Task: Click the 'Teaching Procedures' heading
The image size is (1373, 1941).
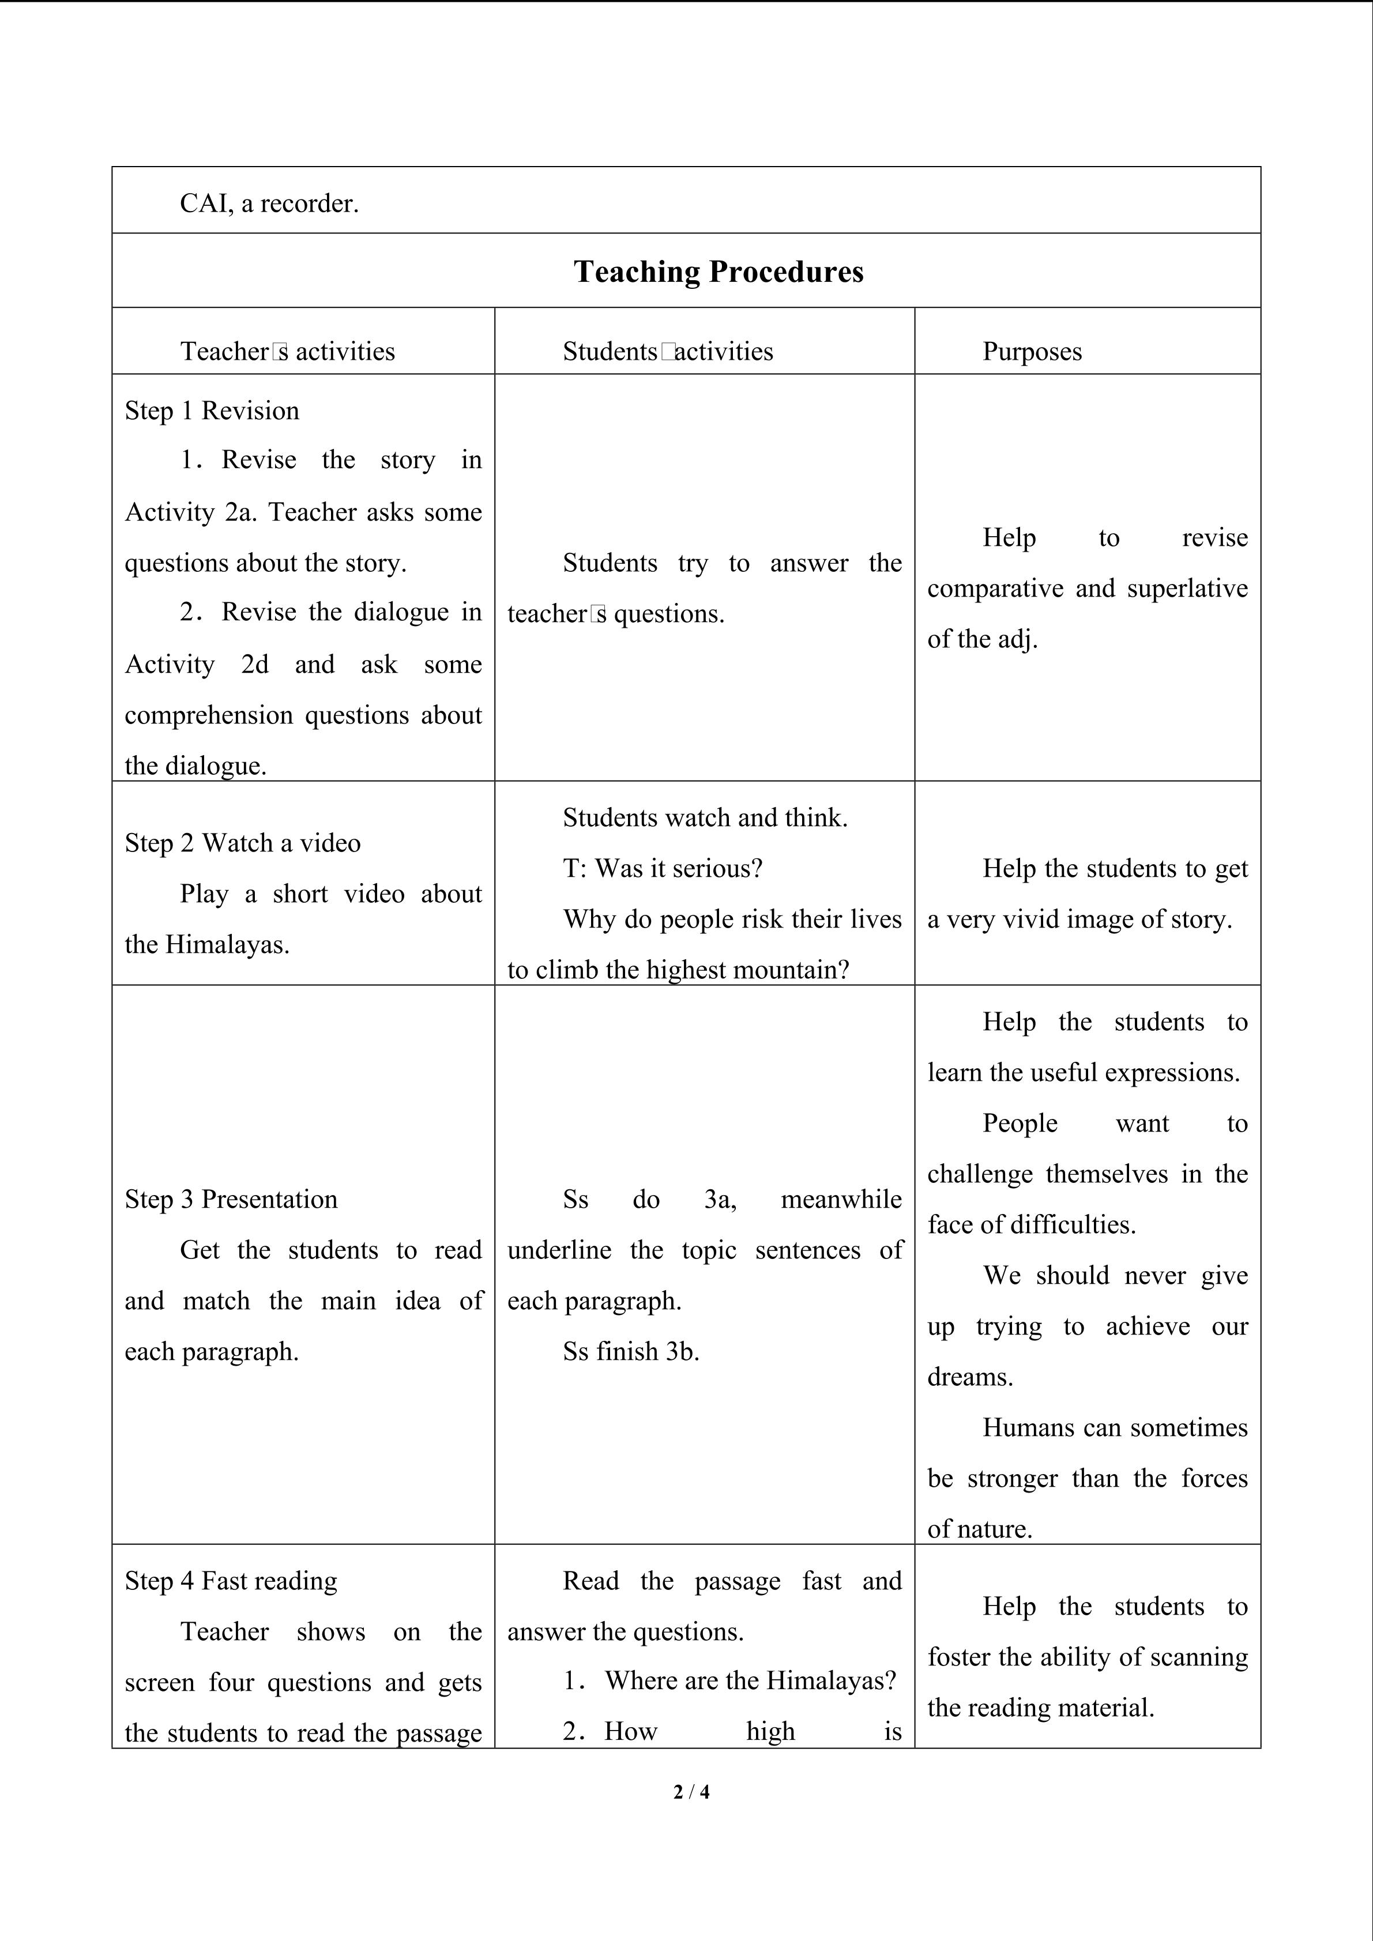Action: coord(719,272)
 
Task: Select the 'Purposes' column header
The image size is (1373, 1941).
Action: coord(1032,352)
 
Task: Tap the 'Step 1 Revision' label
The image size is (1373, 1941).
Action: coord(212,411)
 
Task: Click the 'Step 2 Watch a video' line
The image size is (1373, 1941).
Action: coord(243,843)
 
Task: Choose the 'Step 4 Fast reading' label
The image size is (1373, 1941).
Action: coord(231,1581)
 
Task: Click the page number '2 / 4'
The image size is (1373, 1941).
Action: coord(691,1791)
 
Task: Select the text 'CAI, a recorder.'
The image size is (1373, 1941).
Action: coord(269,203)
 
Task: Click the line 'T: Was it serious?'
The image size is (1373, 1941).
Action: coord(663,868)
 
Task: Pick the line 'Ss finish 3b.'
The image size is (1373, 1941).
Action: coord(631,1351)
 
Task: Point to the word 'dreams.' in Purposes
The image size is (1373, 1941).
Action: coord(970,1376)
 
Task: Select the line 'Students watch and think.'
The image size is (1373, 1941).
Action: coord(705,817)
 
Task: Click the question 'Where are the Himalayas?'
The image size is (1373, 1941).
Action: coord(750,1680)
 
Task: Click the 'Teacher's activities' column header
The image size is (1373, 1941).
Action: coord(287,352)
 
